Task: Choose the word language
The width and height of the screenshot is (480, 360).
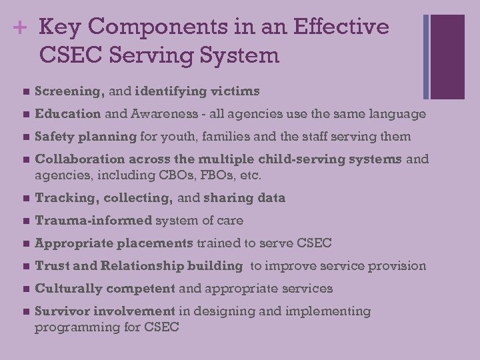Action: coord(394,114)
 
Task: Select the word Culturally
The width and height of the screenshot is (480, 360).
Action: coord(65,289)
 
